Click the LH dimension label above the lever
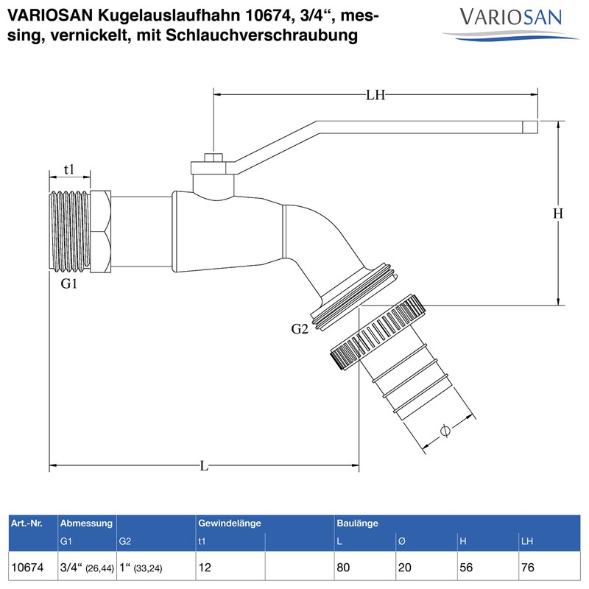coord(376,94)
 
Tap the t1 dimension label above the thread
coord(69,169)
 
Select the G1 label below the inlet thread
coord(68,284)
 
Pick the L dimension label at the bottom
coord(204,466)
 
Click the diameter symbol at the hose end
coord(444,431)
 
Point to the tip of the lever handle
coord(529,127)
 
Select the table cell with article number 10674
coord(28,568)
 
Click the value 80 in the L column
coord(344,568)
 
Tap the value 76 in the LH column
coord(527,568)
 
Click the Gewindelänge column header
coord(230,523)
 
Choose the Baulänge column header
coord(358,523)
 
